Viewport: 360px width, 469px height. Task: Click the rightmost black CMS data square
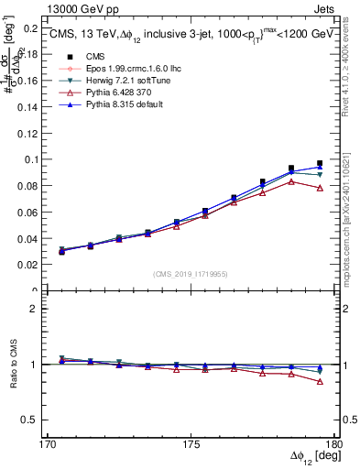(x=320, y=164)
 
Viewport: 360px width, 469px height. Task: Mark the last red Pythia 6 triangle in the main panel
(x=320, y=188)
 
